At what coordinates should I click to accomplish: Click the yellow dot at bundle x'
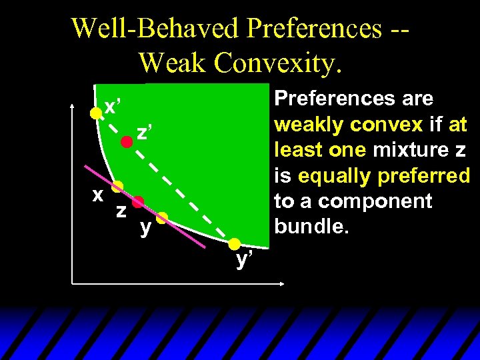pyautogui.click(x=96, y=113)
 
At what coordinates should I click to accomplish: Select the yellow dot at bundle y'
pyautogui.click(x=235, y=243)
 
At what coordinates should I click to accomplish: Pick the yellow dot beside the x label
pyautogui.click(x=117, y=186)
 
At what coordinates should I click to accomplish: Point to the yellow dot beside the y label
pyautogui.click(x=162, y=217)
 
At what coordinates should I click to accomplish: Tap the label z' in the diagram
pyautogui.click(x=142, y=133)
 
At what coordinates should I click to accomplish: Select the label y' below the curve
pyautogui.click(x=245, y=259)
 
